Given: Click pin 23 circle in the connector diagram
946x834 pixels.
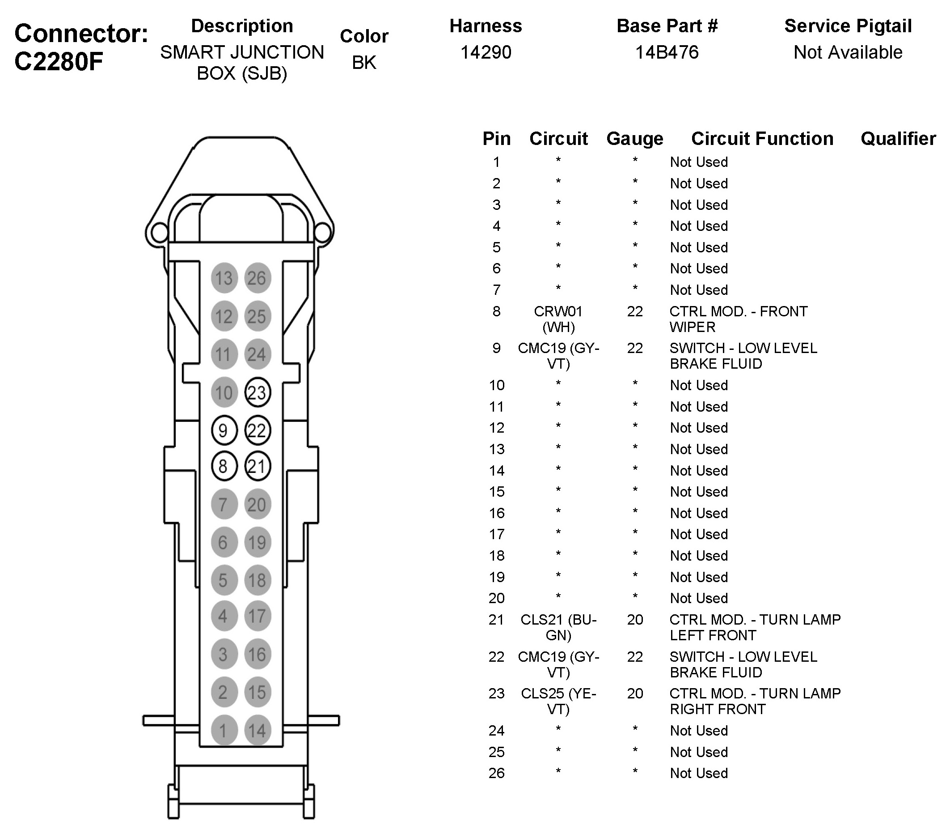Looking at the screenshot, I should pos(258,393).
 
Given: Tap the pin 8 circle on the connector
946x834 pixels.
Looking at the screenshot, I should pos(224,466).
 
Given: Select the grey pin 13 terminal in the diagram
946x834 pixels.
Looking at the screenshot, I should pos(224,278).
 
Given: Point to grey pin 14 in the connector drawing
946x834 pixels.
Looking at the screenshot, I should pos(258,730).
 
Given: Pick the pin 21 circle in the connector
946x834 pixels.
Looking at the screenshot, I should pos(258,466).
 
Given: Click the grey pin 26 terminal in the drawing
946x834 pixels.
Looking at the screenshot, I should pos(258,278).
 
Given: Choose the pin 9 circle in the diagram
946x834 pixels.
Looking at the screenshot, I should pos(224,430).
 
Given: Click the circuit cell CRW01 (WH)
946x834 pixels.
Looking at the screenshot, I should pos(558,319).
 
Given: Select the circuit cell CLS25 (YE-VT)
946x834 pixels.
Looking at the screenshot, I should pos(558,701).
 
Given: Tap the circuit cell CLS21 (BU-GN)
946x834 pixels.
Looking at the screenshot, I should pos(558,627).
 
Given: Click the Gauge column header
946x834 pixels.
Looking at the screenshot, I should pos(634,138).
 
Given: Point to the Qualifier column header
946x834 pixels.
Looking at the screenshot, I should pos(898,138).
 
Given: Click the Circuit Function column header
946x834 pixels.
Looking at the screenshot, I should pos(762,138).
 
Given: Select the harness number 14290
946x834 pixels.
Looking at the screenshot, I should pos(486,52).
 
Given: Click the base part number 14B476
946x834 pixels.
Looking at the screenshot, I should pos(667,52).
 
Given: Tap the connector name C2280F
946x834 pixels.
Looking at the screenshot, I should pos(58,62).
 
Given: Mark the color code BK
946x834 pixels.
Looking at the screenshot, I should pos(364,63).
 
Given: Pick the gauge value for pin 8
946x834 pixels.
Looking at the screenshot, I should pos(634,311).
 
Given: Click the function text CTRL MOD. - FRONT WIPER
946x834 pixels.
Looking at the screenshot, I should pos(738,319).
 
